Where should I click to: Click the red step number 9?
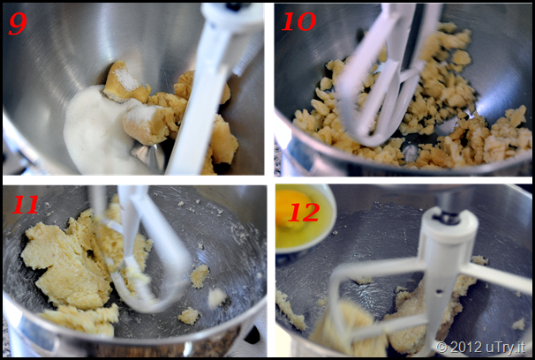coord(18,24)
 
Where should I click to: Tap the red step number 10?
coord(299,22)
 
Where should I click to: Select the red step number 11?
coord(25,205)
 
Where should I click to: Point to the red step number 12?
coord(304,212)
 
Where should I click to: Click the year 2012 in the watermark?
coord(466,347)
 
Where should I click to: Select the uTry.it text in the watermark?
coord(505,347)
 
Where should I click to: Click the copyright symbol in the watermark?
coord(441,347)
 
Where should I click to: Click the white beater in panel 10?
coord(382,75)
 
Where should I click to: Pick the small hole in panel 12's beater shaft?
coord(439,291)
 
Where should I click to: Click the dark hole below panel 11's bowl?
coord(252,335)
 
